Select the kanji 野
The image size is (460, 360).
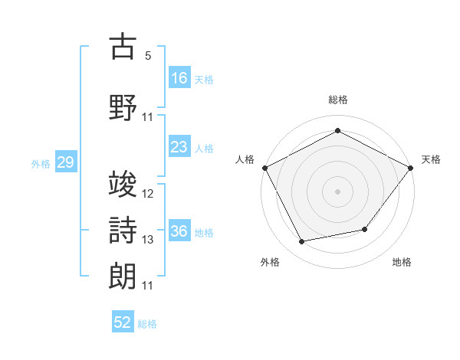123,107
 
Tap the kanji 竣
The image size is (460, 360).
123,184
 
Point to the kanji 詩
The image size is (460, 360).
123,230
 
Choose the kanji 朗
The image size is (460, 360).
123,277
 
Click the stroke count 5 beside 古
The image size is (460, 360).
148,56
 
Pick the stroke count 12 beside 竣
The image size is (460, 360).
147,194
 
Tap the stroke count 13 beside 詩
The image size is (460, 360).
147,240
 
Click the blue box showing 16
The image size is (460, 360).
179,77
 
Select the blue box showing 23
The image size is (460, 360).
179,146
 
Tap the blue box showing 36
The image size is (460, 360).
179,230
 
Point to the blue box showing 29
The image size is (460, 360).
66,162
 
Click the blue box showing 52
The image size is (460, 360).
123,321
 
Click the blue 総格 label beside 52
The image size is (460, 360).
147,324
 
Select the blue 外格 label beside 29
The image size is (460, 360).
41,164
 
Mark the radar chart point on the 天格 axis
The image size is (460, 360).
410,168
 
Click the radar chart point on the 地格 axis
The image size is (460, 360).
365,229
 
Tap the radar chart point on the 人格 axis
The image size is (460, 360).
265,168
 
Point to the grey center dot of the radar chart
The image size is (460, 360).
337,191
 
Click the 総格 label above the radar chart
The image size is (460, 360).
338,100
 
